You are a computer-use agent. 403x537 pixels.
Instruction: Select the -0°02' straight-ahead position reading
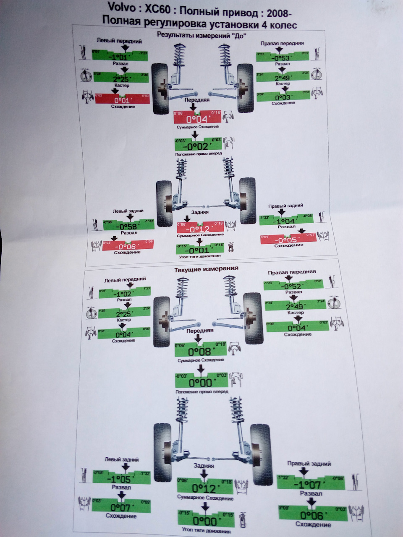pos(198,146)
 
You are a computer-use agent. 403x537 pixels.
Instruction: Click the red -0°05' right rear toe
pos(287,240)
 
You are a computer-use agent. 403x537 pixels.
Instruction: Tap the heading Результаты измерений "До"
pos(201,35)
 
